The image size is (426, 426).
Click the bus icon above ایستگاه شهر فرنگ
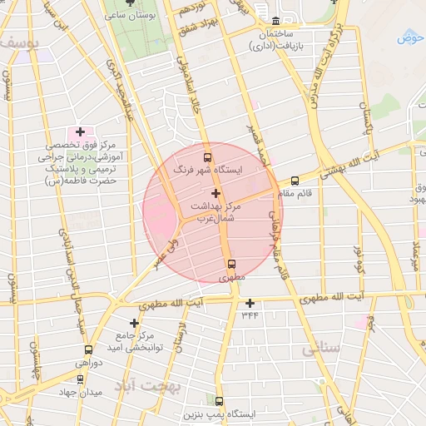click(207, 156)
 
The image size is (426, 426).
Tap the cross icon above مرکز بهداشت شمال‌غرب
click(216, 193)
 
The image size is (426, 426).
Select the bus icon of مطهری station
click(231, 266)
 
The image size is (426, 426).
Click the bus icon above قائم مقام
click(295, 181)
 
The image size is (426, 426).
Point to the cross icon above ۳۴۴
click(250, 303)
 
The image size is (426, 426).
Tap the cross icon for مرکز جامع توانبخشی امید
click(134, 322)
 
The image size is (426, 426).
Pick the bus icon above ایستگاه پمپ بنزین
click(219, 401)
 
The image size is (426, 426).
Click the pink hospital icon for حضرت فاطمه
click(80, 131)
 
